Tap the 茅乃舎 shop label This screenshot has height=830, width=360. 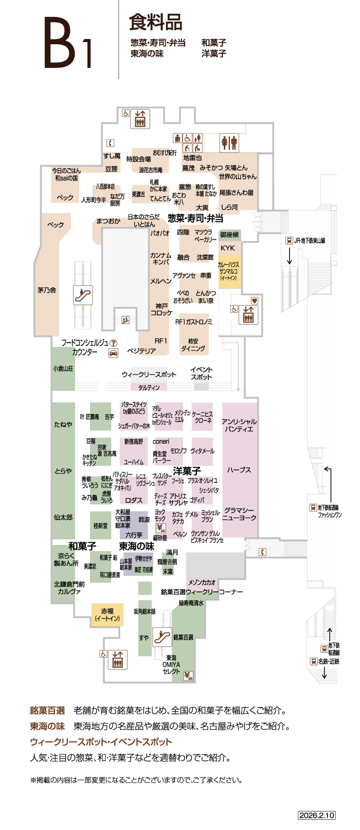[47, 290]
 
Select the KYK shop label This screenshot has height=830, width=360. [227, 248]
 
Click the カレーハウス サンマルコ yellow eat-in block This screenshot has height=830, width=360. [229, 271]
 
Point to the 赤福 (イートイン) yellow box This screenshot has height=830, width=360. [107, 615]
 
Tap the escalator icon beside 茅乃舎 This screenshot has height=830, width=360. [82, 295]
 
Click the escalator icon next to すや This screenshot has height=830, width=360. [162, 637]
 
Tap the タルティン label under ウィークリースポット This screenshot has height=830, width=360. [149, 387]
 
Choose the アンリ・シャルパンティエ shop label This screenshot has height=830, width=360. [239, 425]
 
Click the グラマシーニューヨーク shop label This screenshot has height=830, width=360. [239, 514]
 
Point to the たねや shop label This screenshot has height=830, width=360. [63, 425]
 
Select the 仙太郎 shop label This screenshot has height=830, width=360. [63, 517]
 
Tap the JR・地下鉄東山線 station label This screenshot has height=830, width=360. [309, 240]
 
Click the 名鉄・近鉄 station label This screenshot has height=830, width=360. [328, 661]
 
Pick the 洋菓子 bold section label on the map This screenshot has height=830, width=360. [187, 471]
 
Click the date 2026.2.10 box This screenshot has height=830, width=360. [316, 816]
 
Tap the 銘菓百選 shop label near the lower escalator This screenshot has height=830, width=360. [183, 638]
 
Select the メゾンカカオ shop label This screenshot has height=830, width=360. [202, 582]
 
